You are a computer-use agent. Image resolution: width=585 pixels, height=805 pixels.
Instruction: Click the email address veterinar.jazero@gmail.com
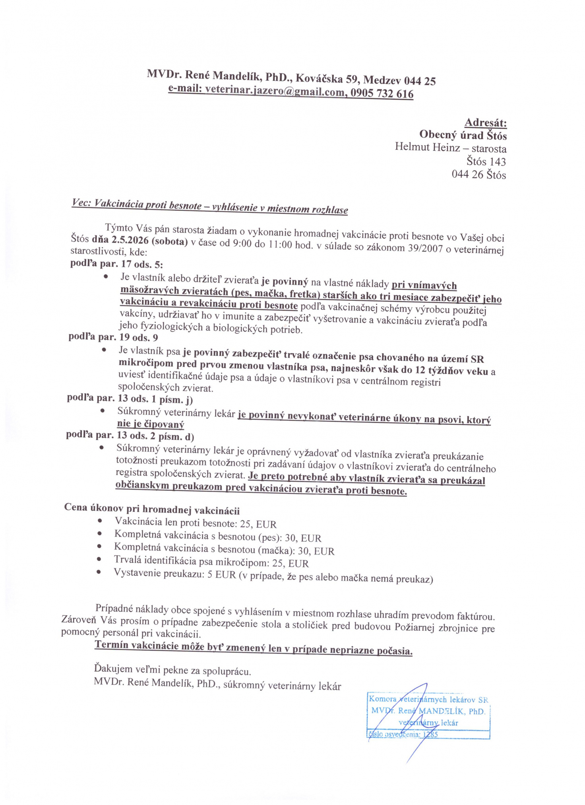pyautogui.click(x=275, y=91)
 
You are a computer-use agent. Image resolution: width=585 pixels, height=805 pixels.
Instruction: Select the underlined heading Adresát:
pyautogui.click(x=485, y=122)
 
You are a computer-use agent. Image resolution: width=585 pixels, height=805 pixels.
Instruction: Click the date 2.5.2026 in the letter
pyautogui.click(x=130, y=240)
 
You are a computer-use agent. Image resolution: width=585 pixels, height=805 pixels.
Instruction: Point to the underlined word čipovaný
pyautogui.click(x=164, y=424)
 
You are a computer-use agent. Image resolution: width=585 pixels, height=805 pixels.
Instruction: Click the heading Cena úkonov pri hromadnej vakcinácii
pyautogui.click(x=152, y=509)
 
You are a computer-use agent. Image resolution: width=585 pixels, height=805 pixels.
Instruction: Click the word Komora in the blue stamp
pyautogui.click(x=383, y=699)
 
